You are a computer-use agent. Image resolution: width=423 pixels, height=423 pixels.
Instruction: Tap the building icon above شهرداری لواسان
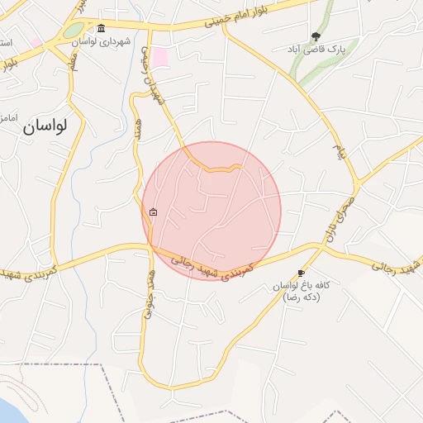point(101,28)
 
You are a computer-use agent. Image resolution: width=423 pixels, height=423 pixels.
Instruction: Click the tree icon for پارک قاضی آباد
point(316,36)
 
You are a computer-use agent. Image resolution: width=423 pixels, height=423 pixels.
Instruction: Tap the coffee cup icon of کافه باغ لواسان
point(301,273)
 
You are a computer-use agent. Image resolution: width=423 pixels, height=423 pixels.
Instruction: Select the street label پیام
point(337,151)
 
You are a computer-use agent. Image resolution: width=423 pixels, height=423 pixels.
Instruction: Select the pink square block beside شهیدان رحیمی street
point(160,58)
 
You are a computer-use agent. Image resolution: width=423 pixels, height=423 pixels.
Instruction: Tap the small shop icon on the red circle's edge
point(154,212)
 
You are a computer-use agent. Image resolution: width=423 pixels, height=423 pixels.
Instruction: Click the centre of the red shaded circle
point(211,211)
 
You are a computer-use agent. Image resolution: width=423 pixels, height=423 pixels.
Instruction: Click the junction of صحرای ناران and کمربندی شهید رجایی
point(320,245)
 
